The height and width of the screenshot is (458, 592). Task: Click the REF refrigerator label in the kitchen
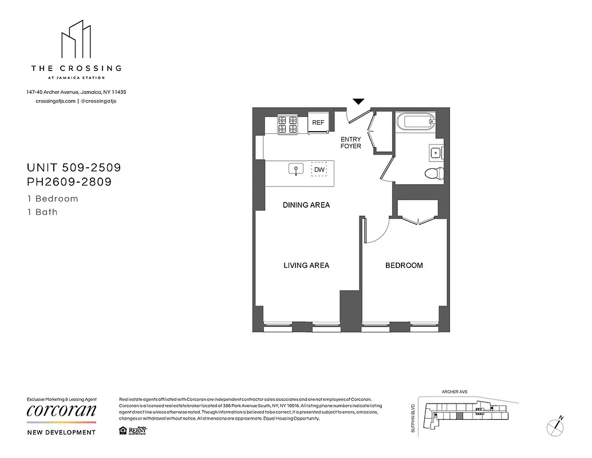click(x=318, y=123)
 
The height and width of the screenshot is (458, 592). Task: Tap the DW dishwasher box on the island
click(x=319, y=169)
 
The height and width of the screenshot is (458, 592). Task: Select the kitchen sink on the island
click(x=296, y=169)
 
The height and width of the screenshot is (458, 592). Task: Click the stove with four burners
click(x=288, y=125)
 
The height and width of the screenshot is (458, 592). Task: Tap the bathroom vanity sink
click(x=435, y=152)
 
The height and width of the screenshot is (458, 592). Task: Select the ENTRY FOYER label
click(x=351, y=143)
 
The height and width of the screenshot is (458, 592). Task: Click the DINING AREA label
click(x=306, y=205)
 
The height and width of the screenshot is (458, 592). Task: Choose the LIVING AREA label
click(x=306, y=265)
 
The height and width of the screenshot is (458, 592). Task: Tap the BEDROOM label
click(x=404, y=265)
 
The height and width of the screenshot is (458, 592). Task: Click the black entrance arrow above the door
click(x=358, y=101)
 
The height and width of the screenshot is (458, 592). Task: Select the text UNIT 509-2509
click(x=74, y=168)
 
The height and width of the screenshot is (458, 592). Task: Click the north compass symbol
click(x=555, y=425)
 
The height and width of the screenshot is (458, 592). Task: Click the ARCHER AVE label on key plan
click(x=455, y=392)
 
